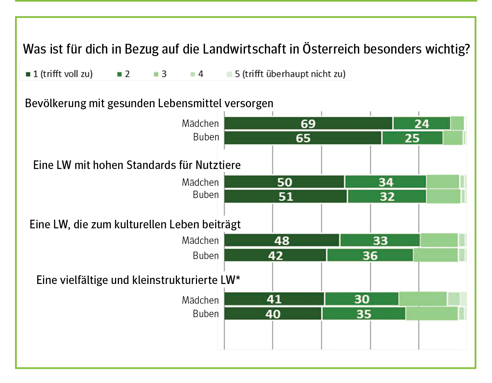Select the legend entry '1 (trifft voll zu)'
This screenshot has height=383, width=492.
point(60,74)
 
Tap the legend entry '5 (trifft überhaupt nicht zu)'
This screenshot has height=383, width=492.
point(286,74)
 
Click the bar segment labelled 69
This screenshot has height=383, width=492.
point(308,123)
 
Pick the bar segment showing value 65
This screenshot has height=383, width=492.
point(303,138)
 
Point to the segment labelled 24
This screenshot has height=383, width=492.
point(422,123)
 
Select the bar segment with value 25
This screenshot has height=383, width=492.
point(412,138)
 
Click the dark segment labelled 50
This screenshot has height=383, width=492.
point(285,182)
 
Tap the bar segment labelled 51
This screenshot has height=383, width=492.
point(286,196)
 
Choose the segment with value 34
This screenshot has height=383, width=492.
point(386,182)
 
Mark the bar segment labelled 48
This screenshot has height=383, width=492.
point(282,241)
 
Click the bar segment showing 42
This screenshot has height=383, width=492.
point(275,255)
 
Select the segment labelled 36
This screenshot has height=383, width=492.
point(370,255)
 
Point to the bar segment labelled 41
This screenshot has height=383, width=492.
point(274,299)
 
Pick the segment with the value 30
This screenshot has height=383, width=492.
point(362,299)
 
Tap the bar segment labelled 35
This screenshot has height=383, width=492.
point(364,314)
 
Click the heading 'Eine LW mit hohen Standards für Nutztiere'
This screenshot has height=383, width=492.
point(137,165)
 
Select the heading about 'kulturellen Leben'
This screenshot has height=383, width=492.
point(135,225)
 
